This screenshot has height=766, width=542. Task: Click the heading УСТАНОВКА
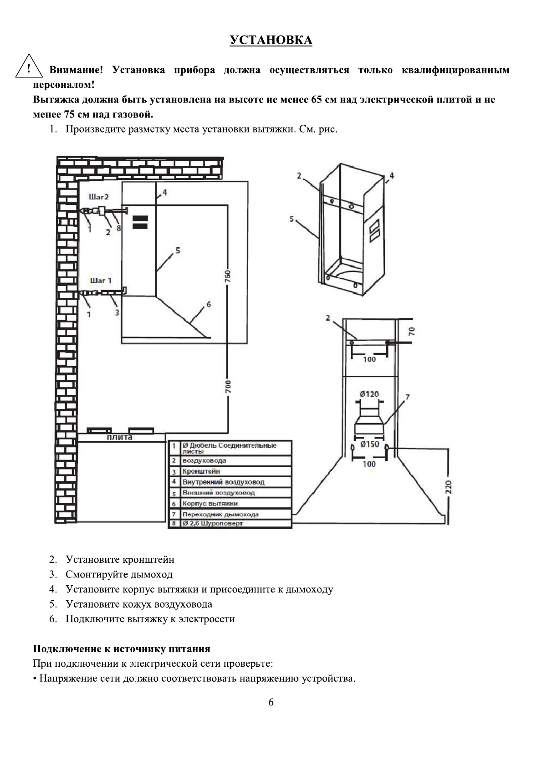(271, 41)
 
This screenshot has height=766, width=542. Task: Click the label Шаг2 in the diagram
(99, 197)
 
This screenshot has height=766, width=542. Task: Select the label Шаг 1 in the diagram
(101, 281)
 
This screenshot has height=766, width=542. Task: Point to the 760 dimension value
(227, 276)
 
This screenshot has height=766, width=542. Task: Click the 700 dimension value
(228, 386)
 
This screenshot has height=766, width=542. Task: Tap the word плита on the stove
(120, 437)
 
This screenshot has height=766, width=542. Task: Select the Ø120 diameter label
(369, 394)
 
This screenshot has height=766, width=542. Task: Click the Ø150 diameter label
(369, 444)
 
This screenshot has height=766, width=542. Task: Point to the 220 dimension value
(448, 487)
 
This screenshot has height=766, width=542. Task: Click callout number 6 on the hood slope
(209, 304)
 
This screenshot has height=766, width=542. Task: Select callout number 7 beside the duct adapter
(407, 397)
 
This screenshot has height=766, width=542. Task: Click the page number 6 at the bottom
(271, 702)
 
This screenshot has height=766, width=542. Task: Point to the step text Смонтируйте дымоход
(119, 574)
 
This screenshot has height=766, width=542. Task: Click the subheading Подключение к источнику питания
(122, 649)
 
